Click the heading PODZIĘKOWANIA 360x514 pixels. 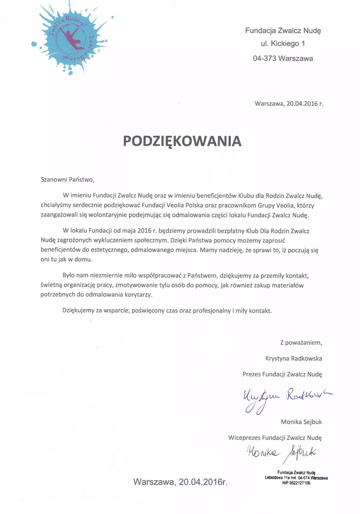[182, 141]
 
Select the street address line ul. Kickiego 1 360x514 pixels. [283, 44]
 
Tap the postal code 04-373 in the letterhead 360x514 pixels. [265, 58]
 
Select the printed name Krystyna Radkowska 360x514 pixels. [294, 358]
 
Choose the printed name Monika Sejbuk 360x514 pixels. [301, 422]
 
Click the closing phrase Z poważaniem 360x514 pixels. [301, 342]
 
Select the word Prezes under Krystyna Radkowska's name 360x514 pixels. [252, 374]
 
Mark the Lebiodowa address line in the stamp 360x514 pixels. [296, 477]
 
